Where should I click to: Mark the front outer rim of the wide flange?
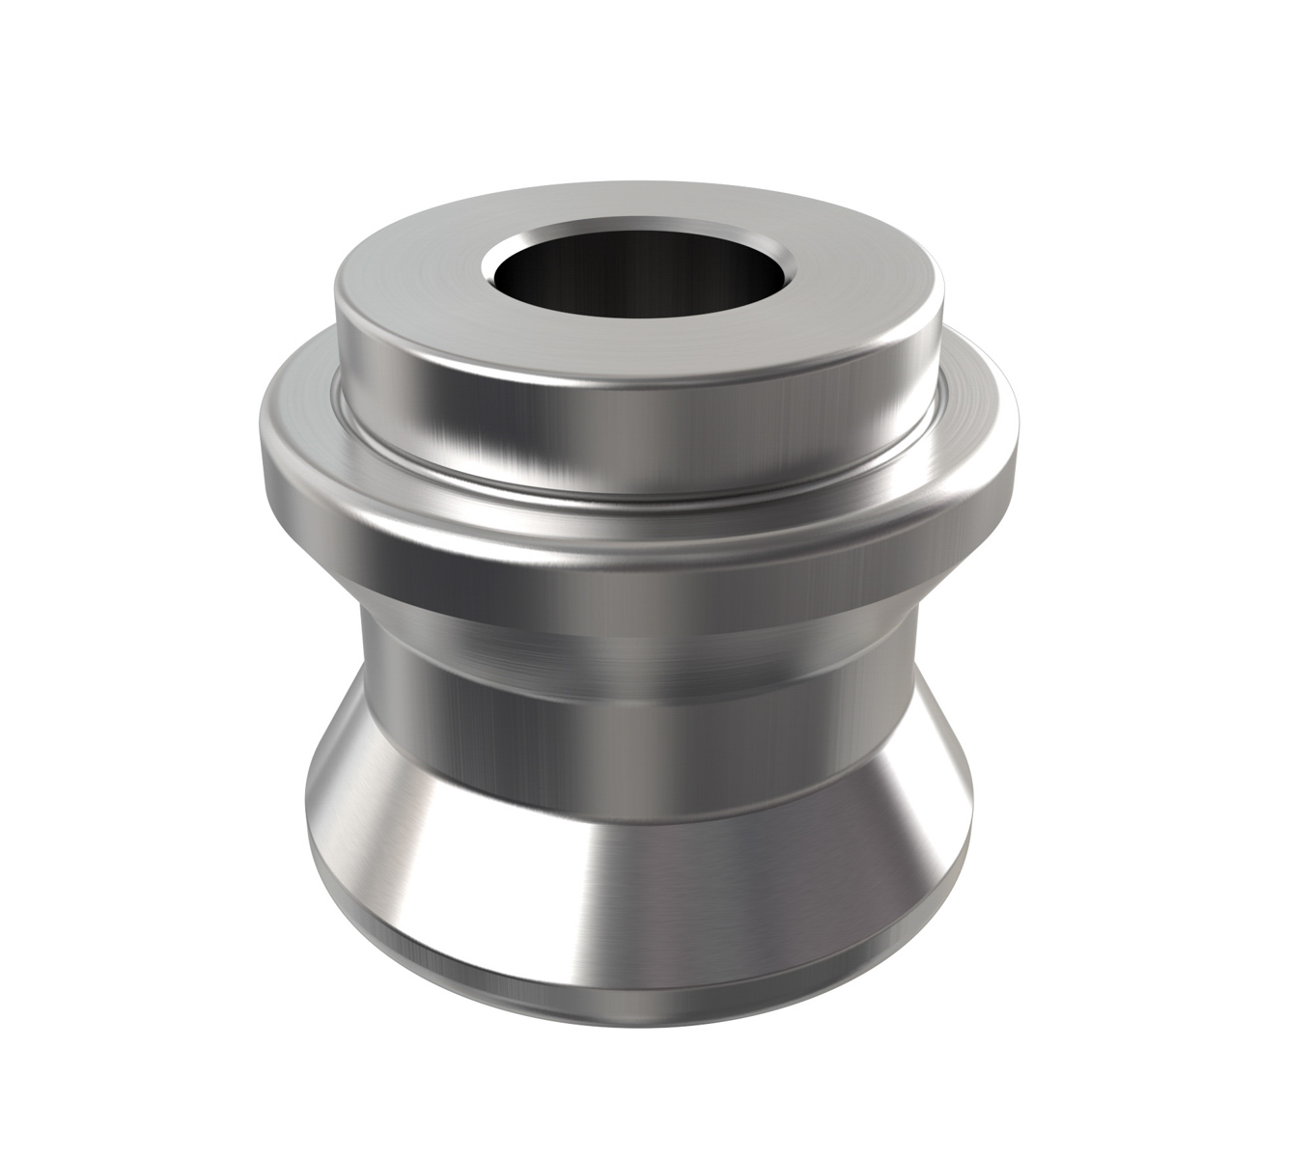click(x=637, y=540)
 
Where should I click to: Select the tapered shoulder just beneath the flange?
click(x=637, y=627)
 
